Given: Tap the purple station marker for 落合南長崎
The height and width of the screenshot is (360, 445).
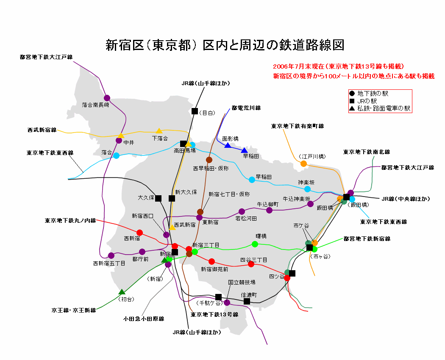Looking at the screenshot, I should pos(107,98).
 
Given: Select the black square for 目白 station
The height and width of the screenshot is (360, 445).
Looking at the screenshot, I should pos(195,111).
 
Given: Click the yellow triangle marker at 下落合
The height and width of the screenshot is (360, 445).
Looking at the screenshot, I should pos(159,131).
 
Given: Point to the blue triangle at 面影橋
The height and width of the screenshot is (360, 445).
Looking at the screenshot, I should pos(228,145).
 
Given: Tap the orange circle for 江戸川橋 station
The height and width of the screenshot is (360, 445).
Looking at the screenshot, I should pos(303,163).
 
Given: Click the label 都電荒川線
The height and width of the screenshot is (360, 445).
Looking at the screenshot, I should pos(246,108).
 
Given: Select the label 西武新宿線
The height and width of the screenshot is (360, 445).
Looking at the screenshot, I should pos(42,130).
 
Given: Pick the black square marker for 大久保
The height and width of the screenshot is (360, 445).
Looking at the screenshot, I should pos(159,198).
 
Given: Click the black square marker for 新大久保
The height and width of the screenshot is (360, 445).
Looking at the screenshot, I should pos(172,198).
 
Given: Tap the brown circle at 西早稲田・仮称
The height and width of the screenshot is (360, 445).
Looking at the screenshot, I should pos(209,160).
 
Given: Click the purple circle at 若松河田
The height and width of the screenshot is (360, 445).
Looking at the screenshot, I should pos(242,211).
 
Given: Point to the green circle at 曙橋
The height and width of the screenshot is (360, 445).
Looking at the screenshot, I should pos(255,244).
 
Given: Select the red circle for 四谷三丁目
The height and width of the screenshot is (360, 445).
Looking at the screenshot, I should pos(251,264).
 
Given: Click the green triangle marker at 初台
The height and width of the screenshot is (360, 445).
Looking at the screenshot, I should pos(122,292).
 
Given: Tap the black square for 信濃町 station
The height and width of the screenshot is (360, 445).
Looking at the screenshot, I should pos(247,301).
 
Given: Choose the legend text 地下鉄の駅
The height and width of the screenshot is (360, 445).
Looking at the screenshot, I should pos(373,93).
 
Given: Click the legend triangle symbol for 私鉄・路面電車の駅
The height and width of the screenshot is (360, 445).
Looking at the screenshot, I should pos(351,108).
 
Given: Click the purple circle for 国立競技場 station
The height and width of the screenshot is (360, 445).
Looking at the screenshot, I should pos(227,302).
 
